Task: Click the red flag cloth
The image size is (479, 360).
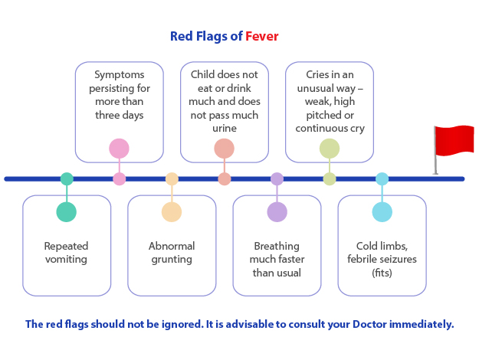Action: pos(454,140)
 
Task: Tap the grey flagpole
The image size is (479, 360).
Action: pos(435,150)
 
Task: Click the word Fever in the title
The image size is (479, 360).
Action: pos(262,36)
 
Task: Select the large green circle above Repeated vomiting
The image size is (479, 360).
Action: pos(66,212)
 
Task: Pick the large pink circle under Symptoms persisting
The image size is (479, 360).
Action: pos(119,149)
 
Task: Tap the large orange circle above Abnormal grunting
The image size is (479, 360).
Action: pos(172,212)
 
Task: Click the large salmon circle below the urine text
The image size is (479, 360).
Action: pos(225,149)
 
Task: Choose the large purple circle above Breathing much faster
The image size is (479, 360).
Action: pos(277,212)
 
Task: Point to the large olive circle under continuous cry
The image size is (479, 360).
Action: pos(330,149)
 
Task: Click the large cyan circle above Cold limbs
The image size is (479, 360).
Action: pos(382,212)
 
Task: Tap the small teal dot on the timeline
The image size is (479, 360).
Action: pos(67,179)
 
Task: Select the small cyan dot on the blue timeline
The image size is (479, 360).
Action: pos(382,179)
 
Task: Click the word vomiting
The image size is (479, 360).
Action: pos(66,259)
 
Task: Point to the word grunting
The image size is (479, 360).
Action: pos(172,260)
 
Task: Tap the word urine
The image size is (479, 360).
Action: pos(225,128)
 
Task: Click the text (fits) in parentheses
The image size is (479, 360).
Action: pos(382,273)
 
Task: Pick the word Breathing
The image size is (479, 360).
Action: pos(277,247)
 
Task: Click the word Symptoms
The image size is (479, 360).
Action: pos(119,75)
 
